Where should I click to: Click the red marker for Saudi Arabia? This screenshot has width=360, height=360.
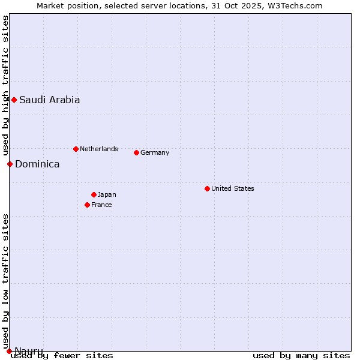pyautogui.click(x=14, y=100)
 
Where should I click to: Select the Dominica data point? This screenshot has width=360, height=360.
pyautogui.click(x=10, y=164)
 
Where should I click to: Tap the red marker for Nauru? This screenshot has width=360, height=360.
pyautogui.click(x=9, y=351)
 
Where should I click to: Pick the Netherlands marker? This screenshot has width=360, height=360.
pyautogui.click(x=76, y=149)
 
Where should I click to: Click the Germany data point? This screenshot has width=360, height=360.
pyautogui.click(x=136, y=152)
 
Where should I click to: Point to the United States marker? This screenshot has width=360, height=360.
pyautogui.click(x=207, y=188)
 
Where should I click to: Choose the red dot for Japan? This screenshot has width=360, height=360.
pyautogui.click(x=94, y=194)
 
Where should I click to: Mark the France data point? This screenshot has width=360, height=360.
pyautogui.click(x=87, y=205)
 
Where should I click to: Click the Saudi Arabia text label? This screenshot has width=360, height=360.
pyautogui.click(x=49, y=100)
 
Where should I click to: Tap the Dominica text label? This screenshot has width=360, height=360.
pyautogui.click(x=37, y=164)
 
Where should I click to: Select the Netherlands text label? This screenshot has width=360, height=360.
pyautogui.click(x=99, y=149)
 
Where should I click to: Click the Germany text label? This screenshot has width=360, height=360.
pyautogui.click(x=155, y=152)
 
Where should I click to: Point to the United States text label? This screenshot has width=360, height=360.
pyautogui.click(x=233, y=188)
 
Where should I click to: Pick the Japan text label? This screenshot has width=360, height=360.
pyautogui.click(x=107, y=194)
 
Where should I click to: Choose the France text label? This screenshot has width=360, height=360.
pyautogui.click(x=101, y=205)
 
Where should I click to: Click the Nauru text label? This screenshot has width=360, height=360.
pyautogui.click(x=29, y=351)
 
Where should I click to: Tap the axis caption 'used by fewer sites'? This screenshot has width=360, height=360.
pyautogui.click(x=62, y=356)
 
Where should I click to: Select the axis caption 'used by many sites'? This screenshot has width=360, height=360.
pyautogui.click(x=301, y=356)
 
